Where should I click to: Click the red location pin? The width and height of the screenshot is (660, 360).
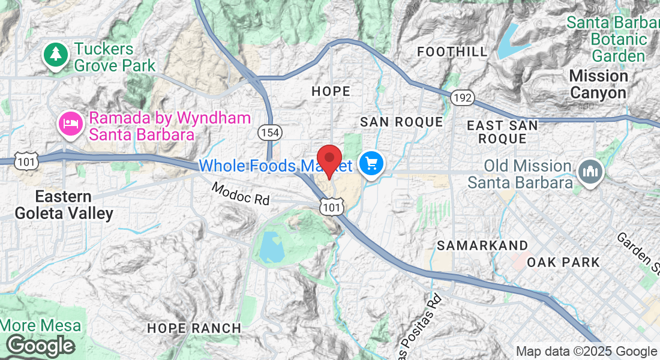click(329, 158)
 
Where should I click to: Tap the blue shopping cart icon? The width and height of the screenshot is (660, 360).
click(371, 162)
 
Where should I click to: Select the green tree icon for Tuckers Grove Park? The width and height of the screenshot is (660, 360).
click(55, 55)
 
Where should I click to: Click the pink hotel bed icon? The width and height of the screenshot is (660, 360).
click(69, 124)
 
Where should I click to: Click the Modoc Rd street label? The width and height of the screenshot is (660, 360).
click(241, 194)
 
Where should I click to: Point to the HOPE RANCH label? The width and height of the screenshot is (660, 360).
click(194, 328)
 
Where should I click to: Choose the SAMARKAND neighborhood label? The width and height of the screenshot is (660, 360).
click(482, 245)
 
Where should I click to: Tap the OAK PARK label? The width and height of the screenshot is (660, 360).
click(563, 262)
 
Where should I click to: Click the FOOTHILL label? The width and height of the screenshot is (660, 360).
click(452, 52)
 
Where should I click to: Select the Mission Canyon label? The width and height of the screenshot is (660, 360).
click(598, 85)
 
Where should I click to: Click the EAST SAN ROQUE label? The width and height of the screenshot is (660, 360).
click(503, 132)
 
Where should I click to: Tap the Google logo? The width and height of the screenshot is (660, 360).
click(40, 346)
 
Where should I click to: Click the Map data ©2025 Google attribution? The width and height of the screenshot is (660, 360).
click(586, 352)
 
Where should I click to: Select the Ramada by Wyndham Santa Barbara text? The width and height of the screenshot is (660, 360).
click(170, 125)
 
